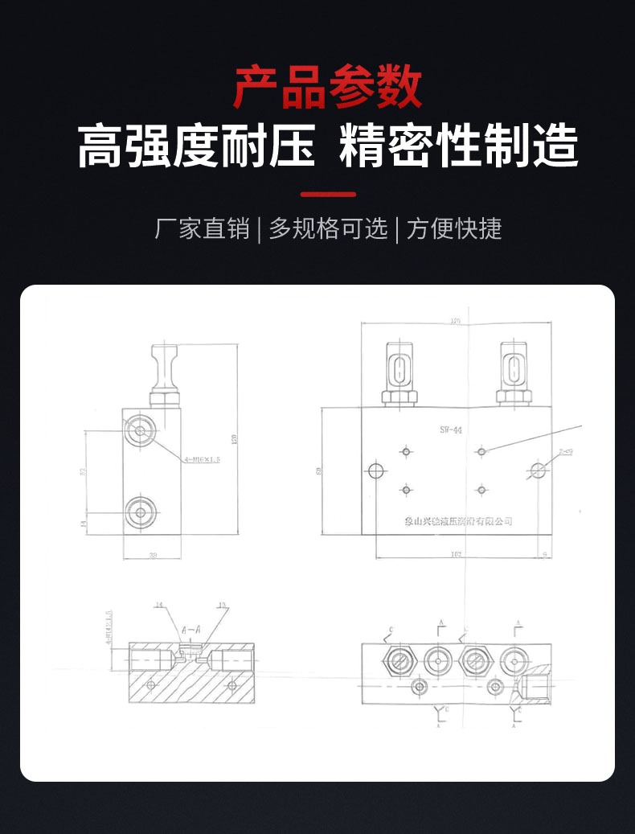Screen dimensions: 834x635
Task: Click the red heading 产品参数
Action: pyautogui.click(x=327, y=88)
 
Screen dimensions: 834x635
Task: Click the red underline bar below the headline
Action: pyautogui.click(x=327, y=194)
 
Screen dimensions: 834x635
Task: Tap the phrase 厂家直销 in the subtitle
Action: pyautogui.click(x=202, y=229)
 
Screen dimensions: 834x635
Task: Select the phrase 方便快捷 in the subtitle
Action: pyautogui.click(x=454, y=229)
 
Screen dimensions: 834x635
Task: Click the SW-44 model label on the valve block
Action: pyautogui.click(x=451, y=430)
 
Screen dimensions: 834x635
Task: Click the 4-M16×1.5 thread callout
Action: pyautogui.click(x=202, y=459)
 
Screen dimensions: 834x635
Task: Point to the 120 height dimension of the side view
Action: pyautogui.click(x=235, y=439)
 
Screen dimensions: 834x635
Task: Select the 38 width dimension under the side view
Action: pyautogui.click(x=153, y=554)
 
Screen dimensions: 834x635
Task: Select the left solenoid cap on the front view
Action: pyautogui.click(x=399, y=369)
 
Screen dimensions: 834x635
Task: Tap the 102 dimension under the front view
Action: pyautogui.click(x=456, y=553)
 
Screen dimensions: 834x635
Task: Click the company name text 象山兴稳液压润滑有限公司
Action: pyautogui.click(x=458, y=521)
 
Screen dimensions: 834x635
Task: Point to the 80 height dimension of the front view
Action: pyautogui.click(x=319, y=470)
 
